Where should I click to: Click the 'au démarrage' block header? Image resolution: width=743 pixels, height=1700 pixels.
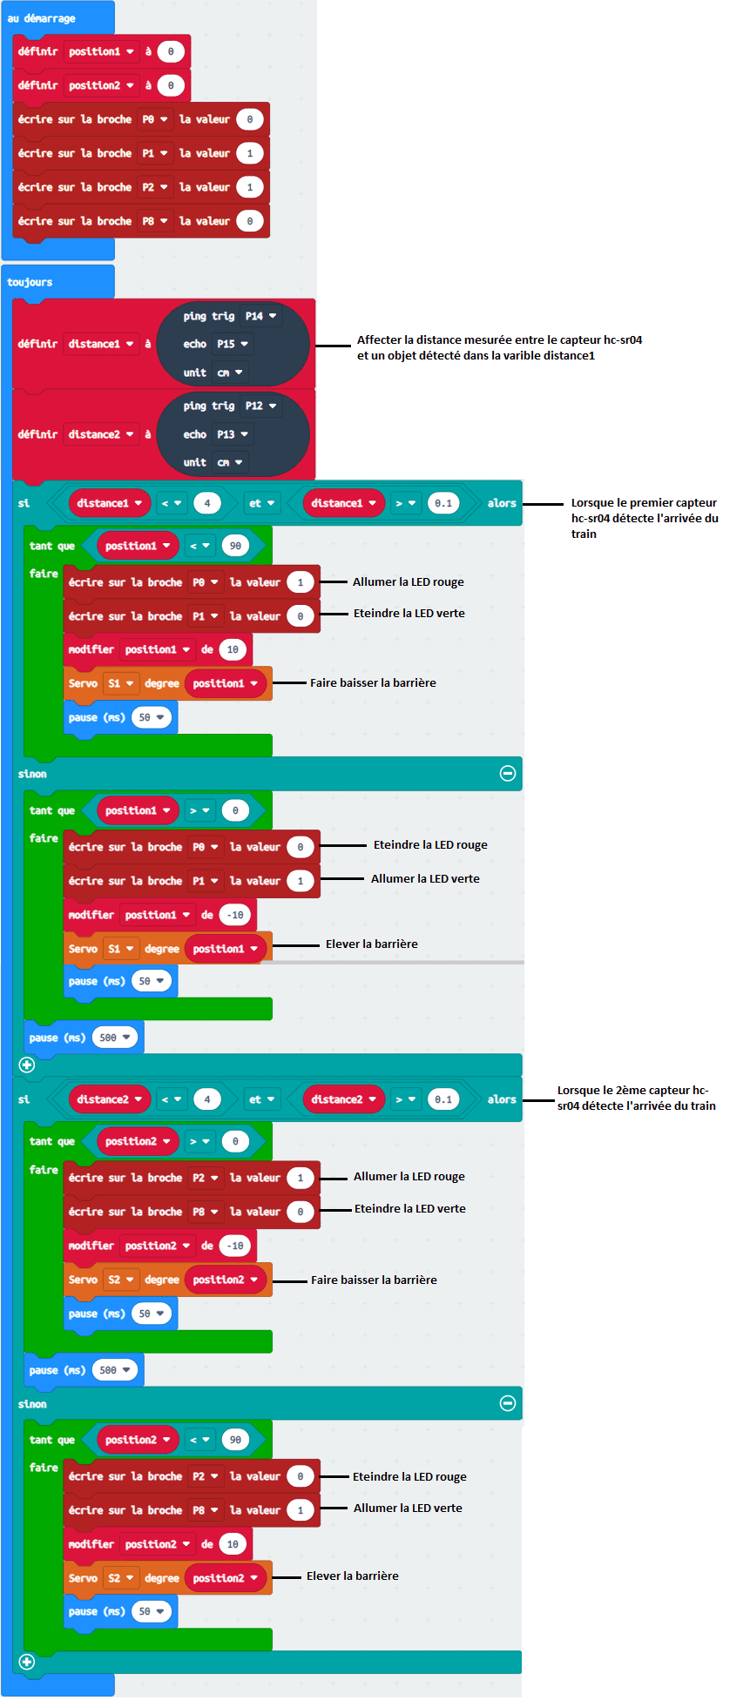pos(42,18)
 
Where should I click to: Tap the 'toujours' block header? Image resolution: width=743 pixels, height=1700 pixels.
pos(30,282)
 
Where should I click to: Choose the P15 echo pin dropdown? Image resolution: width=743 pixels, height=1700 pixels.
pos(233,344)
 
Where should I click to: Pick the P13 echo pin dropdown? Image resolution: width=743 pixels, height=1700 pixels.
pos(233,434)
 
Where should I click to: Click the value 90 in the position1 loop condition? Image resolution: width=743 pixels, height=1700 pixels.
pos(235,546)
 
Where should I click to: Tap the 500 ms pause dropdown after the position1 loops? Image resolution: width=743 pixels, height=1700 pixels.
pos(115,1038)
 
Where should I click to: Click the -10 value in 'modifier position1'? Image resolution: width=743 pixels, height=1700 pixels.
pos(236,915)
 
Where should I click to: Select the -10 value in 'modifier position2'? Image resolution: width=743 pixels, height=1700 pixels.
pos(236,1246)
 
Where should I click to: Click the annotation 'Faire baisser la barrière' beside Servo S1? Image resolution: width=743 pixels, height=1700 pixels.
pos(373,683)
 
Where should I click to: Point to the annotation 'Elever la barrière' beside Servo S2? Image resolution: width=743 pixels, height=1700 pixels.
pos(353,1576)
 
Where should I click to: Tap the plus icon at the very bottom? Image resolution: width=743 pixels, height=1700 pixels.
pos(27,1662)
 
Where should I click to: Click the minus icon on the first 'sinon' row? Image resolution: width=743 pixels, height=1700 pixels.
pos(508,773)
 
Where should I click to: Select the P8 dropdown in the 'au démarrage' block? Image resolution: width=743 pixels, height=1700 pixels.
pos(155,221)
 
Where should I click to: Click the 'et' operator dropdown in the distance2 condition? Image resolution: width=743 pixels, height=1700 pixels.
pos(261,1099)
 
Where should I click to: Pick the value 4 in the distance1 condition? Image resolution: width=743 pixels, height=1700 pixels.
pos(207,503)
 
